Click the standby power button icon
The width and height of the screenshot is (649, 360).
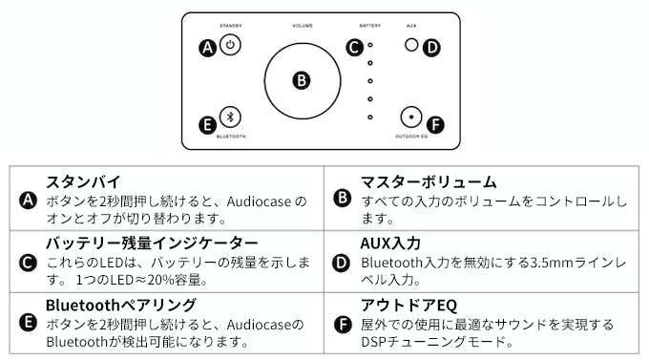pos(230,45)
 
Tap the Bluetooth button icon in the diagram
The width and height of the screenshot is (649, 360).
pos(230,116)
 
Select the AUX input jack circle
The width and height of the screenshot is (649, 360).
pos(411,45)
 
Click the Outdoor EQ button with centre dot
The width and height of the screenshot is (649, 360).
pos(411,116)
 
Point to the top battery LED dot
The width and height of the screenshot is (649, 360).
pos(370,45)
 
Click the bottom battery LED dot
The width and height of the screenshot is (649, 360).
pos(370,117)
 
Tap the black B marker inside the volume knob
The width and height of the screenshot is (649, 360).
pos(302,80)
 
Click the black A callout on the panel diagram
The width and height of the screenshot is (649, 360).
pos(207,48)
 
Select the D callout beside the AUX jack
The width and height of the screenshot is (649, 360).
pos(431,48)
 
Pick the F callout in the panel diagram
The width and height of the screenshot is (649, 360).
pos(435,124)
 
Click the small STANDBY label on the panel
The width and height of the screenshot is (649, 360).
pos(231,26)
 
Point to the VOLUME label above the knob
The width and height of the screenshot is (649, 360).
pos(303,26)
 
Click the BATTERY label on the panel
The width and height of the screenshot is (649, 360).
pos(369,26)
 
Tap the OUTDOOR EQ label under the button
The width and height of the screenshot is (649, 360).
pos(411,137)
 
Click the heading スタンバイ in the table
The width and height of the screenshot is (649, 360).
pos(83,181)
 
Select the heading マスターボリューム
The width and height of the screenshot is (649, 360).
pos(429,181)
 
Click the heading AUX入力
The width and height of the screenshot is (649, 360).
pos(390,244)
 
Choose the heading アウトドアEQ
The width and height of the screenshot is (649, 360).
pos(408,306)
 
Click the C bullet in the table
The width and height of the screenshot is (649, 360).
pos(28,263)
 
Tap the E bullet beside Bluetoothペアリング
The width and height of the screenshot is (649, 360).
pos(28,323)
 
